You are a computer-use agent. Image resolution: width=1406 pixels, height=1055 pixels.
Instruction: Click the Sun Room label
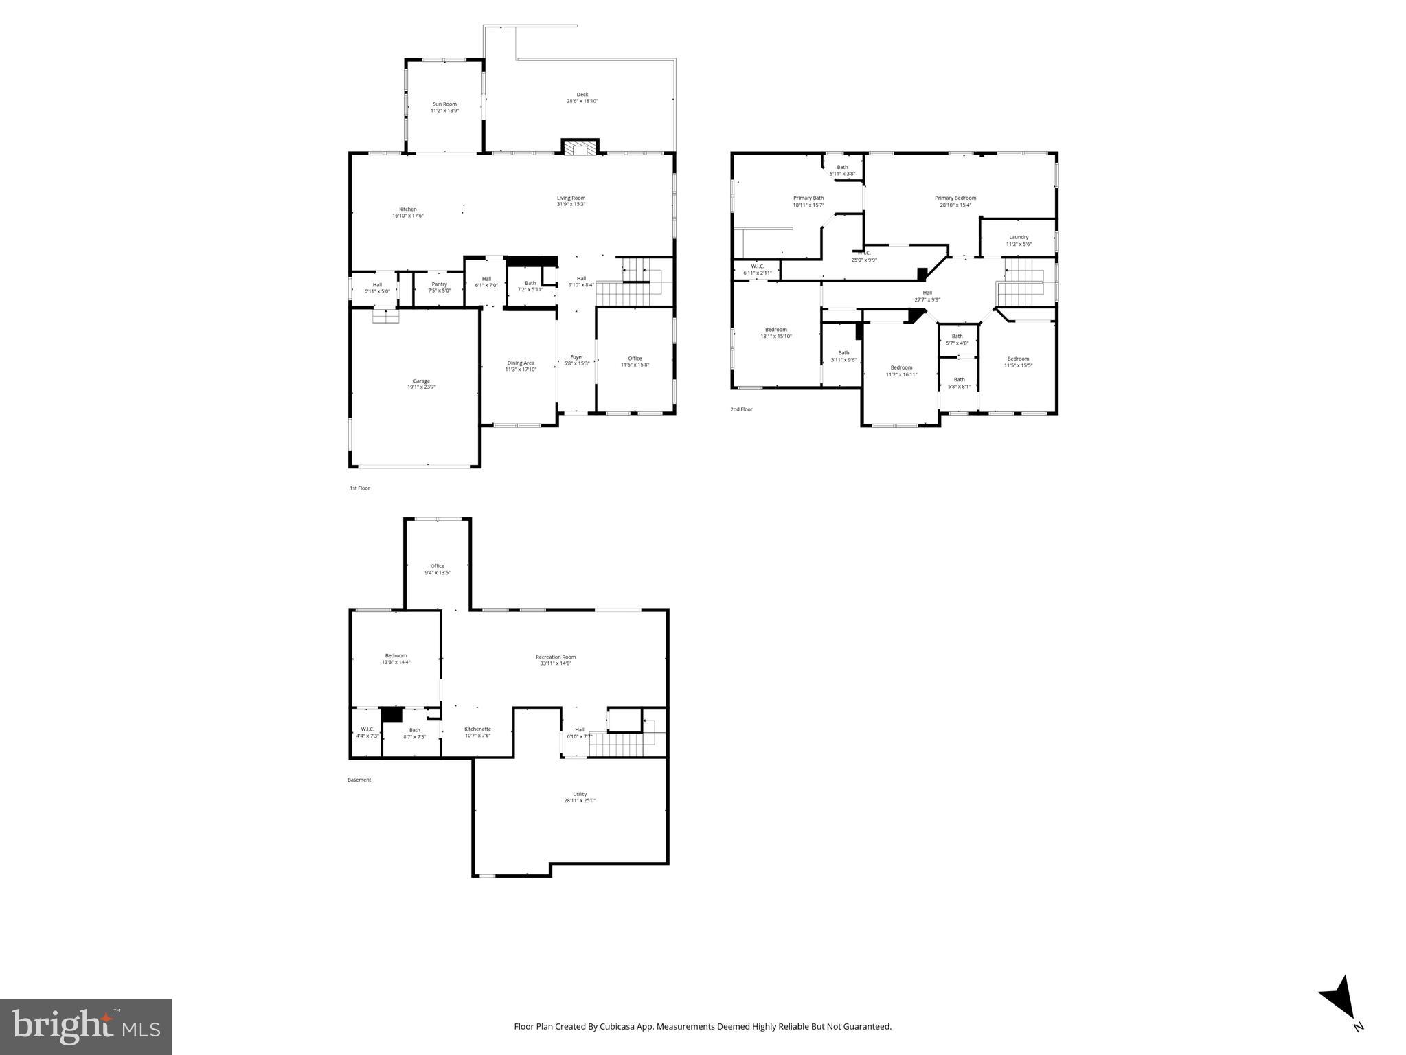pos(444,104)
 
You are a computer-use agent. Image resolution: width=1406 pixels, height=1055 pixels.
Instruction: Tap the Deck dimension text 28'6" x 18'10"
pos(582,102)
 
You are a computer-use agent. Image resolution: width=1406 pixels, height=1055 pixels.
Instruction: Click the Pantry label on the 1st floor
pos(439,284)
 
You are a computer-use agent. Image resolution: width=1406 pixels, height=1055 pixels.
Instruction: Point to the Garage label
pos(421,381)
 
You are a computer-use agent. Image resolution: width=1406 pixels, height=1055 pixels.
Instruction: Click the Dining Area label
pos(521,363)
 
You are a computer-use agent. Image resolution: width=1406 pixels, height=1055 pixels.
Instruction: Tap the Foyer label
pos(577,357)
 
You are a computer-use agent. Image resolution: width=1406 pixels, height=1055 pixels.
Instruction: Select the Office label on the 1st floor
pos(635,359)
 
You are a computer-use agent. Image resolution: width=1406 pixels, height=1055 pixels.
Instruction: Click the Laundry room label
pos(1019,238)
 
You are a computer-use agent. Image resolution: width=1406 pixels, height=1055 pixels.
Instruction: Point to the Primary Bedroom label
pos(955,198)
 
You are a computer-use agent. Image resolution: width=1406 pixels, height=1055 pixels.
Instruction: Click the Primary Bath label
pos(808,198)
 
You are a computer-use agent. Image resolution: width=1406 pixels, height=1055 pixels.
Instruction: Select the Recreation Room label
pos(556,657)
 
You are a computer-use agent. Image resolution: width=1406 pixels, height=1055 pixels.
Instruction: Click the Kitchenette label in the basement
pos(477,729)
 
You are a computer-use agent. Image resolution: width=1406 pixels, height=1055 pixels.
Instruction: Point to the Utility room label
pos(580,795)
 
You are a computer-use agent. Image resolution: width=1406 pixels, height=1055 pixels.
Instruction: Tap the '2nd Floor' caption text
pos(741,409)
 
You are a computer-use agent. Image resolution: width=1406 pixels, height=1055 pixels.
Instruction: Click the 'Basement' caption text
pos(359,780)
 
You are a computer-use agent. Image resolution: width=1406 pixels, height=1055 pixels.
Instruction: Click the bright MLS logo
pos(86,1027)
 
